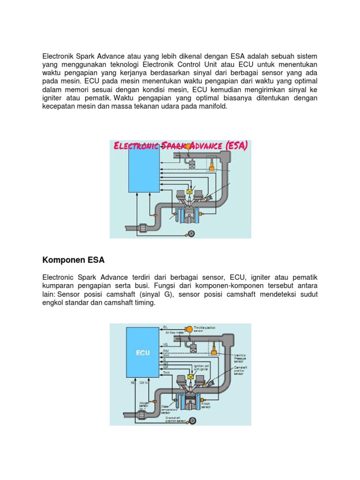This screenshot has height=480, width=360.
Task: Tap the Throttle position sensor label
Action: [204, 329]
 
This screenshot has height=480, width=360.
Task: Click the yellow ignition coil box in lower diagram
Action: [190, 376]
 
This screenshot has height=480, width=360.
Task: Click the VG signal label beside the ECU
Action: [165, 345]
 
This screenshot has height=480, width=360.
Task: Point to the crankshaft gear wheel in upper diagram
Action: [192, 232]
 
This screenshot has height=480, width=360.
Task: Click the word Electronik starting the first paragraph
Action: [59, 56]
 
